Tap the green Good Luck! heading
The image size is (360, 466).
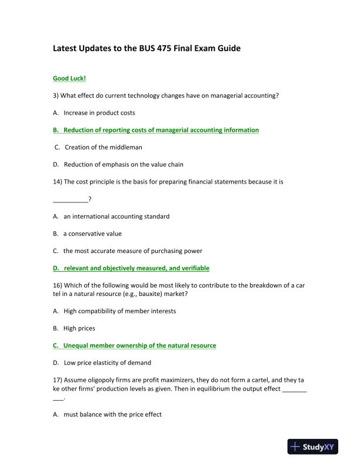click(69, 78)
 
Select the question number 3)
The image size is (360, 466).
click(56, 95)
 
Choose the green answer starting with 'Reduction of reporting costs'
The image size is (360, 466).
click(161, 130)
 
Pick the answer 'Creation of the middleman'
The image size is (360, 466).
click(103, 147)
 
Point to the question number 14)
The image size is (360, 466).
click(58, 182)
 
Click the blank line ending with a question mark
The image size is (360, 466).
click(72, 199)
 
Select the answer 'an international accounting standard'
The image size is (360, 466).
click(116, 216)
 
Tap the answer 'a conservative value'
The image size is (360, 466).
click(92, 234)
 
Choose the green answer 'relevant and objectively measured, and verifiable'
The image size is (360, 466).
click(136, 268)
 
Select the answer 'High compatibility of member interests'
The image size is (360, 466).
click(119, 311)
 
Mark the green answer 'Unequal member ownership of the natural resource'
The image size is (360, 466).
click(139, 345)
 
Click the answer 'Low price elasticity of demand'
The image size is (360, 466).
click(107, 362)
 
